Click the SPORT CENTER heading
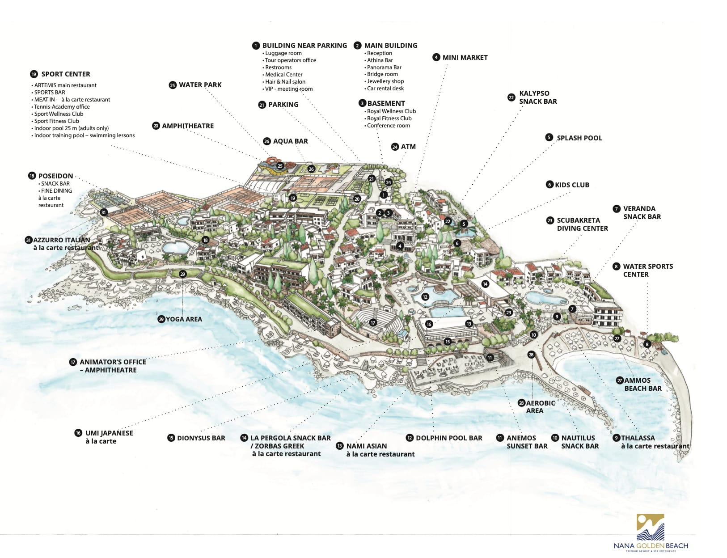click(x=65, y=74)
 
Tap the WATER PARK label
click(x=200, y=85)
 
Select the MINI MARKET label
click(x=465, y=58)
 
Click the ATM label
click(x=408, y=147)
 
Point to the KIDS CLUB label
click(x=571, y=185)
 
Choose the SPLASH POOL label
click(x=579, y=138)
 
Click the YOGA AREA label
click(x=183, y=319)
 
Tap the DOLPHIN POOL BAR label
click(x=448, y=438)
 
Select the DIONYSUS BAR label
click(x=201, y=438)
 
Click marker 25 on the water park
click(x=280, y=166)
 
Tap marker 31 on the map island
click(x=103, y=212)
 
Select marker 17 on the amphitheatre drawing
click(x=373, y=322)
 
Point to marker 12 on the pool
click(x=425, y=296)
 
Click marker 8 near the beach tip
click(x=647, y=344)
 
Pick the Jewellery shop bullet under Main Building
click(x=385, y=81)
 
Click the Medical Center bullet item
click(x=283, y=75)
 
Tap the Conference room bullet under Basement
click(x=388, y=126)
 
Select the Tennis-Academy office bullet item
click(x=62, y=107)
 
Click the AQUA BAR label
click(x=290, y=141)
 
